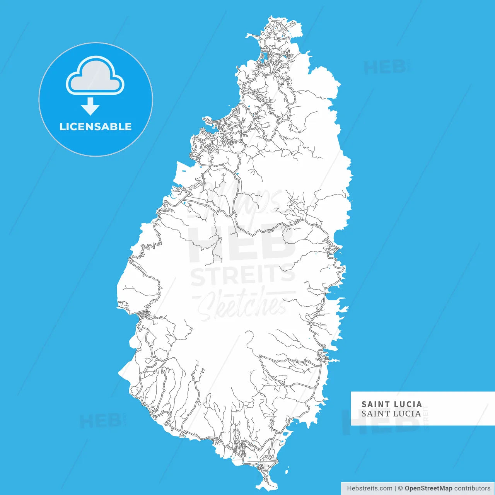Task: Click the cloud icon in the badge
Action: point(95,76)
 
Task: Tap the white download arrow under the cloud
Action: point(90,106)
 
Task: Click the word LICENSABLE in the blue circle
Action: point(96,127)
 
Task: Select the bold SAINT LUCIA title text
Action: point(391,404)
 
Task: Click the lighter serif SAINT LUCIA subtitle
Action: point(391,413)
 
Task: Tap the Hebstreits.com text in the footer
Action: point(369,488)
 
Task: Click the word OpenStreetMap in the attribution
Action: point(428,488)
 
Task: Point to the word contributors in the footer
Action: point(472,488)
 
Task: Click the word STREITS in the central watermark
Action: point(243,275)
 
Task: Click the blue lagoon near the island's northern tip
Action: point(263,58)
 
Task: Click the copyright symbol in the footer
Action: point(401,488)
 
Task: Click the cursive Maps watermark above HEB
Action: point(247,201)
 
